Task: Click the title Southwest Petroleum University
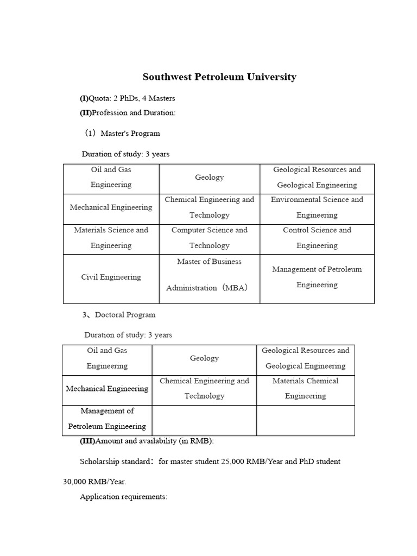(x=219, y=77)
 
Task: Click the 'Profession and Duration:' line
(x=134, y=112)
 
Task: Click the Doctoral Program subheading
(x=125, y=315)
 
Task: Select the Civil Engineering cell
(x=111, y=277)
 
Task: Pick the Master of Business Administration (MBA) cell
(x=209, y=275)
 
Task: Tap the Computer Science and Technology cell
(x=209, y=238)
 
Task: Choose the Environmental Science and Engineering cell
(x=317, y=207)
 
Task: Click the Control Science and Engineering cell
(x=317, y=238)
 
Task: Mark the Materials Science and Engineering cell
(x=111, y=238)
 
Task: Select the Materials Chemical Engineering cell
(x=305, y=388)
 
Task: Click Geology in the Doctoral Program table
(x=204, y=358)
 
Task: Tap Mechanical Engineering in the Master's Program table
(x=111, y=207)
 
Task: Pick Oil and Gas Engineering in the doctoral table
(x=107, y=358)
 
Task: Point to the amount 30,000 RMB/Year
(x=94, y=482)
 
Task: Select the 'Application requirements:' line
(x=124, y=497)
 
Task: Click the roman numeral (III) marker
(x=87, y=441)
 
